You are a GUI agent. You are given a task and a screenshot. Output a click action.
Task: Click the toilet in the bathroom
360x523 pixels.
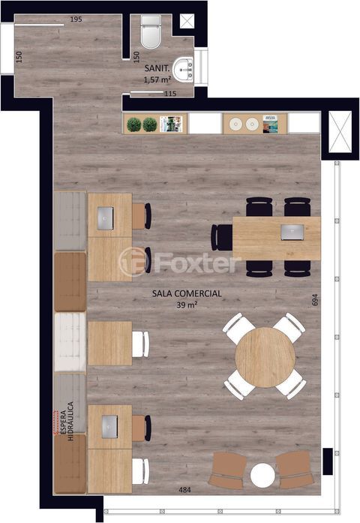point(151,32)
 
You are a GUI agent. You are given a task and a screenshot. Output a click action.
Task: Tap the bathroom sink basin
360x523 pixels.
point(183,70)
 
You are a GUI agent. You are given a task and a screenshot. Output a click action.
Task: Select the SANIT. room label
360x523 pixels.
point(157,68)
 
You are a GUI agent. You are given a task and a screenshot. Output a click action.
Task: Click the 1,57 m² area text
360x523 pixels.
point(157,80)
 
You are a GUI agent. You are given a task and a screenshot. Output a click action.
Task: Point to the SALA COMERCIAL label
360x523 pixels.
point(187,293)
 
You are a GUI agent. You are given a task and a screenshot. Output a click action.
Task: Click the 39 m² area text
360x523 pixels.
point(187,305)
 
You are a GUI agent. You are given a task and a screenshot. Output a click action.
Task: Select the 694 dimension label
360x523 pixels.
point(315,299)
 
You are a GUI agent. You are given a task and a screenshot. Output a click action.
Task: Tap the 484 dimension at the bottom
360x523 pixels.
point(184,490)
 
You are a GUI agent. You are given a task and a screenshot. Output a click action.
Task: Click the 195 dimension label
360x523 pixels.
point(76,20)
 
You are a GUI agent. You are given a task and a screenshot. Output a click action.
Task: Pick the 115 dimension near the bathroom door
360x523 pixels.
point(170,94)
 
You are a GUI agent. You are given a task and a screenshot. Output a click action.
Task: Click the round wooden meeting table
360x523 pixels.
point(265,357)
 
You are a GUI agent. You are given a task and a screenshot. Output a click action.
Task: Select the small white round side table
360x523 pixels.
point(262,476)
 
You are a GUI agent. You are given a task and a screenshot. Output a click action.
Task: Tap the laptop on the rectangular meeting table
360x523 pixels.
point(292,232)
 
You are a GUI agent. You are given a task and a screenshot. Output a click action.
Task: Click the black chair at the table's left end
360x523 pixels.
point(222,237)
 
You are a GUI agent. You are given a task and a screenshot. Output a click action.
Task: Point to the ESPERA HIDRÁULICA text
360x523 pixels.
point(66,421)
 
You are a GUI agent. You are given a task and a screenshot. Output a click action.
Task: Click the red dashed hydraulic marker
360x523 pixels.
point(55,422)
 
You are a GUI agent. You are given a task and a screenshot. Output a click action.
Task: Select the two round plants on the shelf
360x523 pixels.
point(142,125)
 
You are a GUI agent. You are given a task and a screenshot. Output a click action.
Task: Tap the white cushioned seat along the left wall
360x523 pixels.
point(70,342)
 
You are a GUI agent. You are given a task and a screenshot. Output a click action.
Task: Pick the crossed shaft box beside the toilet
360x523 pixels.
point(187,21)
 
